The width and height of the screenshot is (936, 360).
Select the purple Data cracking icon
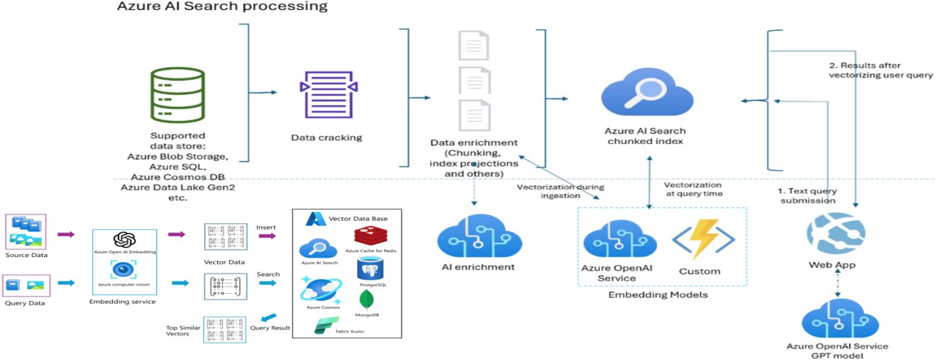click(x=328, y=96)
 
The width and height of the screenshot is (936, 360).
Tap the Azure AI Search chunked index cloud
click(x=642, y=93)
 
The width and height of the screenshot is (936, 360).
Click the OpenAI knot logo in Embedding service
click(x=125, y=240)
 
